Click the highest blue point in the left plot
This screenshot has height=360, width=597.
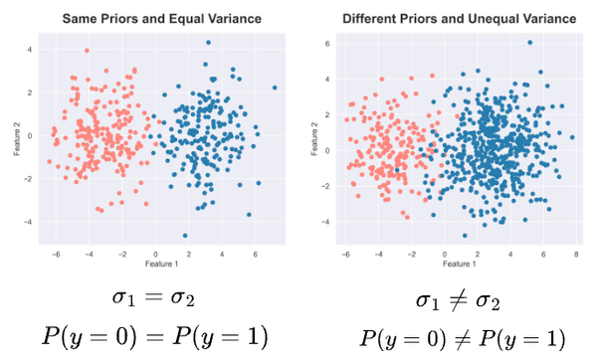click(x=208, y=43)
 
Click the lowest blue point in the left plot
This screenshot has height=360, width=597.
click(x=185, y=236)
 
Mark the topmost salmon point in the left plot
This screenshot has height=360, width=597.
click(x=87, y=51)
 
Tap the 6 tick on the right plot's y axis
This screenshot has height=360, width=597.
click(x=328, y=44)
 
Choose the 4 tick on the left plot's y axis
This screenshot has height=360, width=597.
click(x=29, y=50)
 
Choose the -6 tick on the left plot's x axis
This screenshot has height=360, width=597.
click(x=49, y=254)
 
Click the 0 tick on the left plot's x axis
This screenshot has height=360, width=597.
click(x=155, y=254)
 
